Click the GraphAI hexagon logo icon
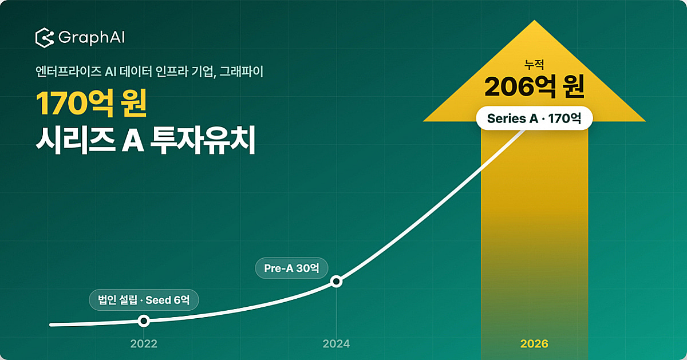tap(45, 38)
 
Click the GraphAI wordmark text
tap(92, 38)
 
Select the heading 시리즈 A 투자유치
tap(145, 140)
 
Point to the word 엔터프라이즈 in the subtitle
tap(68, 72)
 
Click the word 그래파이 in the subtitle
tap(242, 72)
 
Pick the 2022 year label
tap(144, 344)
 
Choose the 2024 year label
tap(336, 344)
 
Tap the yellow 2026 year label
tap(534, 344)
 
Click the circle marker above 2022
tap(144, 321)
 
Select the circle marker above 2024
tap(336, 281)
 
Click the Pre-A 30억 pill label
tap(291, 268)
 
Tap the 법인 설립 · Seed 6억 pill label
tap(144, 300)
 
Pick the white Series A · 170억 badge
tap(534, 118)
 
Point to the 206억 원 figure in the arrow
tap(534, 87)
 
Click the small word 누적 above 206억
tap(534, 65)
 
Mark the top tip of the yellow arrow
tap(534, 20)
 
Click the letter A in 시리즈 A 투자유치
tap(133, 140)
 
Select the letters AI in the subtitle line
tap(110, 72)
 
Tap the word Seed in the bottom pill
tap(158, 300)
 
